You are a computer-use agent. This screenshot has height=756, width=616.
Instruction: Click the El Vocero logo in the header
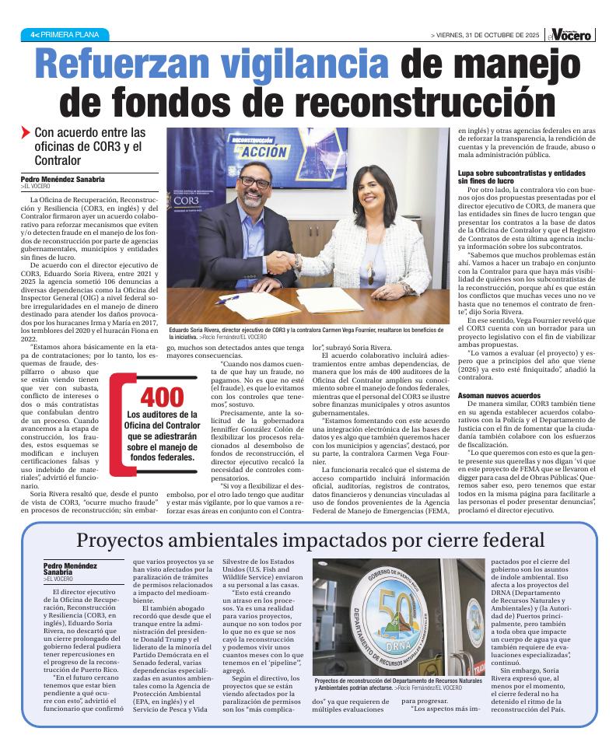[x=572, y=34]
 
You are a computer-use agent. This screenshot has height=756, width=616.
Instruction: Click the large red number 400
[x=162, y=397]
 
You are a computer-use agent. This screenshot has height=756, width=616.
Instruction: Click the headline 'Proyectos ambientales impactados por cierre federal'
[x=310, y=541]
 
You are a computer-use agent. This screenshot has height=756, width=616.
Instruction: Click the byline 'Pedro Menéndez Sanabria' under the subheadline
[x=63, y=180]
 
